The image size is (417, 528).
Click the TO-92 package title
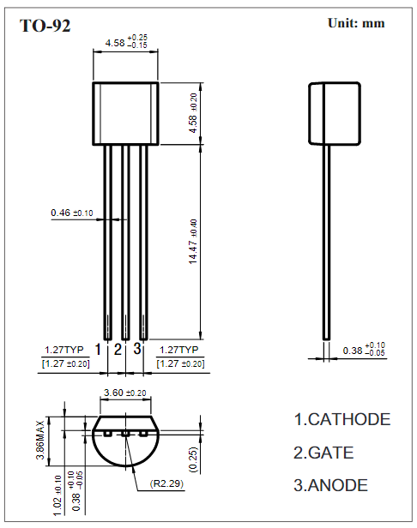45,26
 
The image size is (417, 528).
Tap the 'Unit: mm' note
356,23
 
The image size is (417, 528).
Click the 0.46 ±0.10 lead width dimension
72,213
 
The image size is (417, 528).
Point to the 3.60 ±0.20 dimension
124,393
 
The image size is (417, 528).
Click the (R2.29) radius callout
168,484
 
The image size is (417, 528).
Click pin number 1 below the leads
99,349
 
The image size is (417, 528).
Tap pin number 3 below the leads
137,349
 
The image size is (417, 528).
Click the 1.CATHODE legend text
342,420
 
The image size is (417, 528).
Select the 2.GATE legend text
323,453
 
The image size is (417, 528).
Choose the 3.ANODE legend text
331,485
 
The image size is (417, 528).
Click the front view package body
125,113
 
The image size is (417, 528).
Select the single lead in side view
326,240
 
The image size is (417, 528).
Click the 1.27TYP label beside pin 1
63,351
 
